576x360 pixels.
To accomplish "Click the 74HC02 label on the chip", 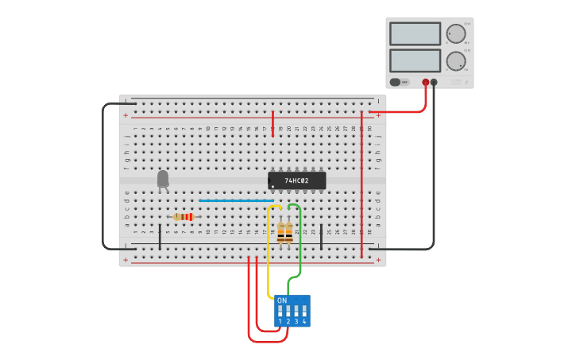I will (x=296, y=181).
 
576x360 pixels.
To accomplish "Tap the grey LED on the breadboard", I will (x=163, y=179).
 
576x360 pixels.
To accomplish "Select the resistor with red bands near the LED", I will (x=184, y=217).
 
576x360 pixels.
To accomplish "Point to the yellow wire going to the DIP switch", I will (x=269, y=254).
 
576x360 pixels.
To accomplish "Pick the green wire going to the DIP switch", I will (x=300, y=246).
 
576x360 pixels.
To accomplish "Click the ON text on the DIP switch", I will (x=282, y=300).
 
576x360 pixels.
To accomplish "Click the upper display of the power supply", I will (x=415, y=33).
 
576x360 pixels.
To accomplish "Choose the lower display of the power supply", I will (x=415, y=60).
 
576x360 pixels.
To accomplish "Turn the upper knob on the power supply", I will (x=456, y=33).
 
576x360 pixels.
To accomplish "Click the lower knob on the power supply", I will (x=456, y=61).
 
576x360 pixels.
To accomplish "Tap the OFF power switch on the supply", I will (x=400, y=82).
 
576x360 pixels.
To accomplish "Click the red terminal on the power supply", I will (x=426, y=82).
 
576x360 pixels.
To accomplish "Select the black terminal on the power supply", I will (x=434, y=82).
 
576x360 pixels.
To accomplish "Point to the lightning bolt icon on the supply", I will (x=467, y=82).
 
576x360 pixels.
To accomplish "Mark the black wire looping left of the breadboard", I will (x=103, y=175).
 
